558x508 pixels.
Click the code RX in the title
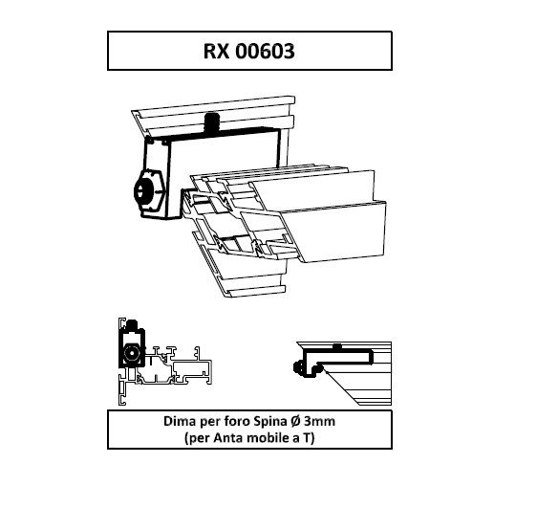click(x=217, y=51)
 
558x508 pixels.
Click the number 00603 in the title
click(x=265, y=51)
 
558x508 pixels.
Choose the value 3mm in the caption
click(x=320, y=422)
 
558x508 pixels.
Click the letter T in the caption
click(x=307, y=437)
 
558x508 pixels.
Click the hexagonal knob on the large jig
click(x=149, y=191)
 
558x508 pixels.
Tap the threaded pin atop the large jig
click(x=212, y=122)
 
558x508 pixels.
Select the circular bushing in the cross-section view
click(x=132, y=353)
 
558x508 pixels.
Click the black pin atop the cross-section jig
click(x=133, y=324)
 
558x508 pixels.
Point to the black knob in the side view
click(x=299, y=368)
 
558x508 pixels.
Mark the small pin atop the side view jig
click(x=337, y=346)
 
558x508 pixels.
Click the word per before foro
click(x=210, y=423)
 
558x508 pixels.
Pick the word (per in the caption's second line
click(x=197, y=438)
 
